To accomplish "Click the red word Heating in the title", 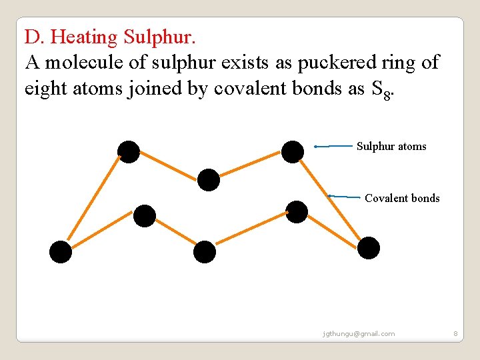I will click(x=86, y=37).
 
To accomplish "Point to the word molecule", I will click(x=83, y=62).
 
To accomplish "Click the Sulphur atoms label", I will click(x=391, y=147).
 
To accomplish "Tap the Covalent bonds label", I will click(x=402, y=198).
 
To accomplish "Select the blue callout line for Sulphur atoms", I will click(x=334, y=145).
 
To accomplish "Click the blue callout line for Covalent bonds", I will click(x=345, y=197).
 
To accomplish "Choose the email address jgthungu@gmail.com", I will click(x=358, y=333).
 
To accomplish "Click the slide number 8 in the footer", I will click(x=455, y=333).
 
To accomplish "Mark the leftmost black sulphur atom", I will click(x=61, y=252).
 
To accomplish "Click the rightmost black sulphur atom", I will click(x=369, y=248).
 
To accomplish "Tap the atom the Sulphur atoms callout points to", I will click(x=292, y=152).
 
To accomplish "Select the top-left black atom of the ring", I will click(x=128, y=152).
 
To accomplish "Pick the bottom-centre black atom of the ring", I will click(x=205, y=252).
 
